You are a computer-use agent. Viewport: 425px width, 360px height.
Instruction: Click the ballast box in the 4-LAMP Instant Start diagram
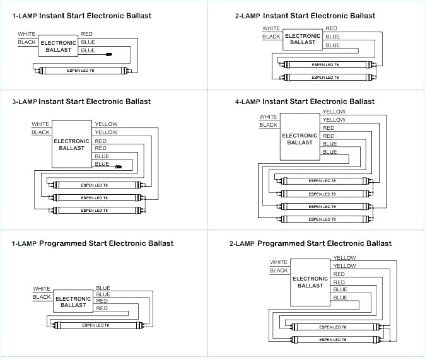[300, 139]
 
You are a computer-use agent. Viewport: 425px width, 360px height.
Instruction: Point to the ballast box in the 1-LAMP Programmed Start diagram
[73, 301]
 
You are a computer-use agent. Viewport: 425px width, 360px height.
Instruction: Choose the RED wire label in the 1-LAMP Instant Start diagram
[87, 33]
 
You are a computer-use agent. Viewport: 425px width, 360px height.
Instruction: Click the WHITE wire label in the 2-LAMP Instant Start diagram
[271, 28]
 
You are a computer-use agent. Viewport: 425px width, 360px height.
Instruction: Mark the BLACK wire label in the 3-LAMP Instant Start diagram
[41, 132]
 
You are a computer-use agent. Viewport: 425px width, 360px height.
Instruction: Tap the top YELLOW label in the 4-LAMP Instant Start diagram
[334, 112]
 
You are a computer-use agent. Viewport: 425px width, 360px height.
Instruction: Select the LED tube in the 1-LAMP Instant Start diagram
[83, 70]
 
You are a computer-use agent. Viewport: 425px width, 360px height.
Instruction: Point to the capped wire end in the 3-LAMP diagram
[119, 167]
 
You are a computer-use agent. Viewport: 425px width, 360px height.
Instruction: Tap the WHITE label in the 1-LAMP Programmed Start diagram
[42, 289]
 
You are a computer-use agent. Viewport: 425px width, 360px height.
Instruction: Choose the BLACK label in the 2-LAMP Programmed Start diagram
[279, 270]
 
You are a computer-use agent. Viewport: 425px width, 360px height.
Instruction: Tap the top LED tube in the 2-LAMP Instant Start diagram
[325, 64]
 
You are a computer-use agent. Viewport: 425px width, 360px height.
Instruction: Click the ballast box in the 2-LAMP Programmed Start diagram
[310, 282]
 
